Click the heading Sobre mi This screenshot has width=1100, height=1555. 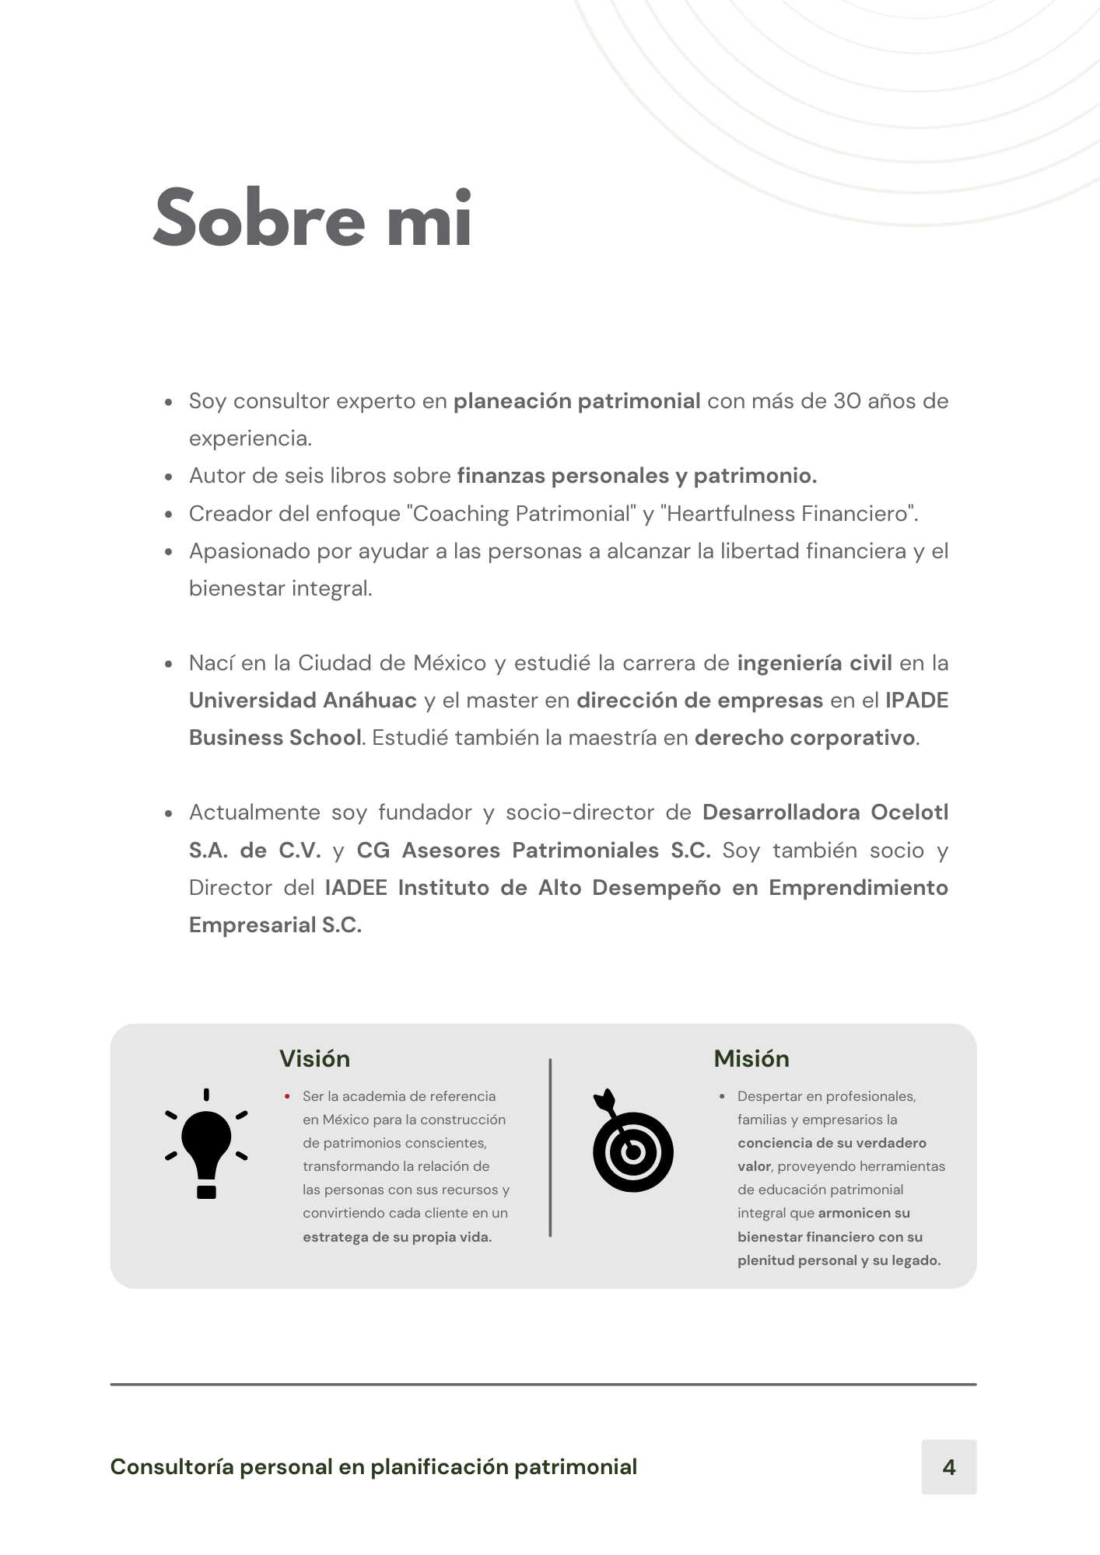tap(313, 218)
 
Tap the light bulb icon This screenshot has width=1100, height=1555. tap(206, 1144)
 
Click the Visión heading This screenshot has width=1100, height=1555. tap(314, 1059)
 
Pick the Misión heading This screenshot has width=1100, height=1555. tap(751, 1059)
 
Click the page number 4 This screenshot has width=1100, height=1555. tap(948, 1467)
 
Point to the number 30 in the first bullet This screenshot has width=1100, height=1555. tap(846, 401)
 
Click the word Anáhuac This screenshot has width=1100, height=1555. tap(370, 701)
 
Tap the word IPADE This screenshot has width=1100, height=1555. tap(916, 701)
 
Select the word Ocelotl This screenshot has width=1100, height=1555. tap(909, 812)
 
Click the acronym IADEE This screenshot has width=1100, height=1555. tap(356, 888)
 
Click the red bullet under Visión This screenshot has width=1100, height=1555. tap(287, 1097)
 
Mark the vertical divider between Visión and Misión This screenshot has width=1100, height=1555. tap(550, 1148)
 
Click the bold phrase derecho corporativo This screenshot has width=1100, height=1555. tap(804, 738)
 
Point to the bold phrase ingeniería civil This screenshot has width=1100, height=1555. tap(814, 663)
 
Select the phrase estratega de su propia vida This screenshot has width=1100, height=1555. tap(397, 1237)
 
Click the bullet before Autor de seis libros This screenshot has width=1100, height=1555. tap(169, 477)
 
